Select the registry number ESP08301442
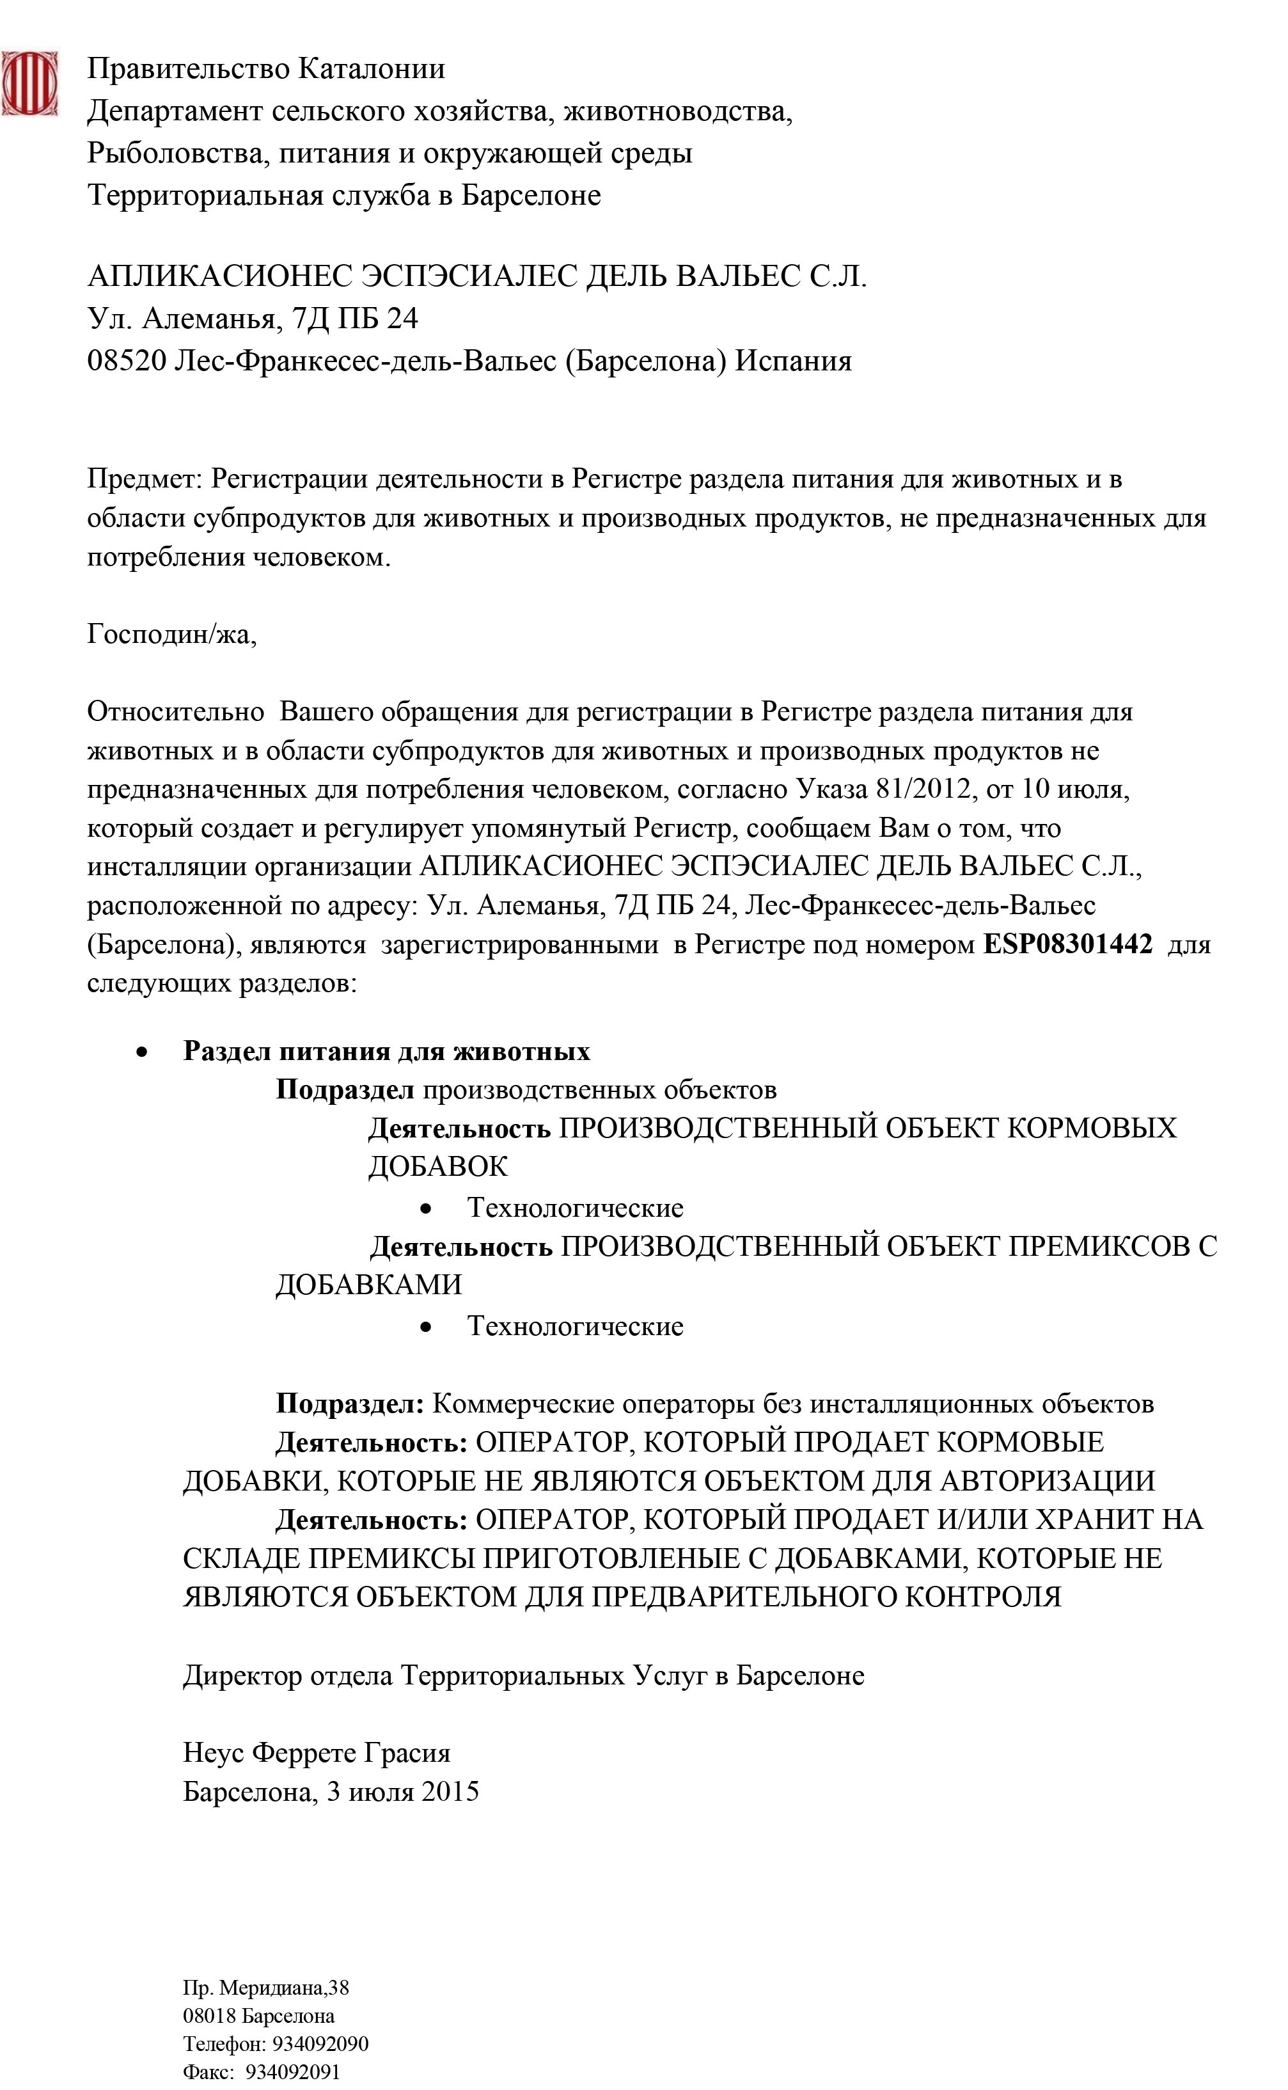pyautogui.click(x=1067, y=944)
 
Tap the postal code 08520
pyautogui.click(x=126, y=361)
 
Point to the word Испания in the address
pyautogui.click(x=793, y=361)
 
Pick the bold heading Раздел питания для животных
pyautogui.click(x=387, y=1050)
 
